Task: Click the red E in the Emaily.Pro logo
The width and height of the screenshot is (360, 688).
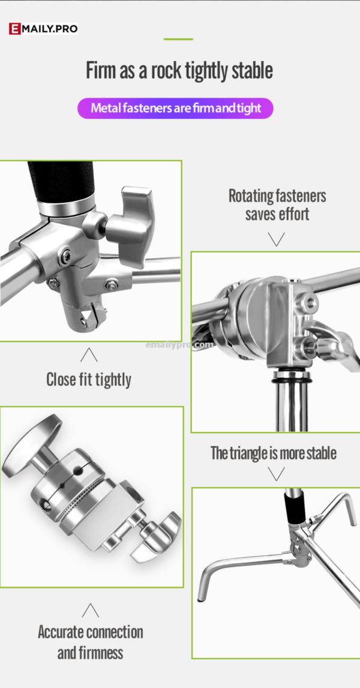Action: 14,29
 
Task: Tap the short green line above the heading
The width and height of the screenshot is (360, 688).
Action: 178,39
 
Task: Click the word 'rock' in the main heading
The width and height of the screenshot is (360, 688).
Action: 165,71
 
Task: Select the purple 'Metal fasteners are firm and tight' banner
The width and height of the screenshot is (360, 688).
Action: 175,108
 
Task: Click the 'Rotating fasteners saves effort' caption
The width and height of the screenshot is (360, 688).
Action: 277,205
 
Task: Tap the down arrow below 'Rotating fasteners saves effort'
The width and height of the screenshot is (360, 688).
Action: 276,239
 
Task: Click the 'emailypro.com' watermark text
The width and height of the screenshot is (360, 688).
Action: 179,345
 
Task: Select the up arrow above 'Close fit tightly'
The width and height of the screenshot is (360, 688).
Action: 89,355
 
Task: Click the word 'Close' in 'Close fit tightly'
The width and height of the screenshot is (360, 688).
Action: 61,379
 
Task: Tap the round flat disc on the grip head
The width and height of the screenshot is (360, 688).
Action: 31,446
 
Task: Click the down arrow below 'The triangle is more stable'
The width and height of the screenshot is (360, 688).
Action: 276,474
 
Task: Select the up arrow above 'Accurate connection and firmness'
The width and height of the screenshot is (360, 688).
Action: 90,611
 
